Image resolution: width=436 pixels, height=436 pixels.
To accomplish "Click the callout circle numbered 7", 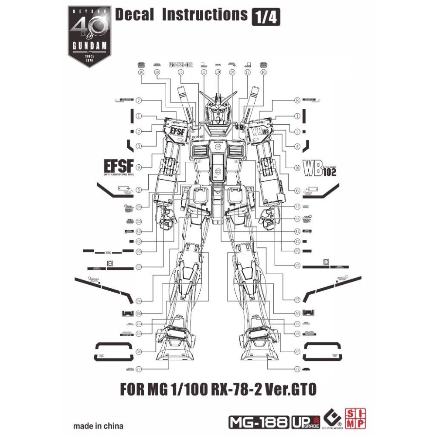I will click(x=139, y=100).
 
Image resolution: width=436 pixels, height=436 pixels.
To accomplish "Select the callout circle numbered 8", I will click(x=297, y=100).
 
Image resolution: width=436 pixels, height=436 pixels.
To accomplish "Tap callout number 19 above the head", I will click(x=218, y=72).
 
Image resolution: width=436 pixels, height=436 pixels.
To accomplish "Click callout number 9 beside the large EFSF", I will click(x=139, y=167).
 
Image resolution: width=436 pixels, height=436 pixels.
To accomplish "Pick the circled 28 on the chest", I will click(x=218, y=147).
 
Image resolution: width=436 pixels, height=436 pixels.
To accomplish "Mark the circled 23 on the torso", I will click(x=218, y=173).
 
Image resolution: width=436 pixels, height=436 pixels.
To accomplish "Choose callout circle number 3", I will click(x=139, y=146).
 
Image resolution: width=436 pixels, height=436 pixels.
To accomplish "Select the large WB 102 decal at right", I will click(x=320, y=167).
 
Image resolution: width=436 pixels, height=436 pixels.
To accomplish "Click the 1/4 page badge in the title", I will click(x=266, y=17).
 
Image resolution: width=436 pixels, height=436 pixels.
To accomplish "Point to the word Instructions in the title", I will click(x=204, y=14).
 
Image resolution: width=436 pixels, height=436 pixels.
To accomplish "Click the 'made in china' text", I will click(x=98, y=426).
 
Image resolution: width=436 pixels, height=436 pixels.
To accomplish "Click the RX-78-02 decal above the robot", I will click(x=180, y=65).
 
